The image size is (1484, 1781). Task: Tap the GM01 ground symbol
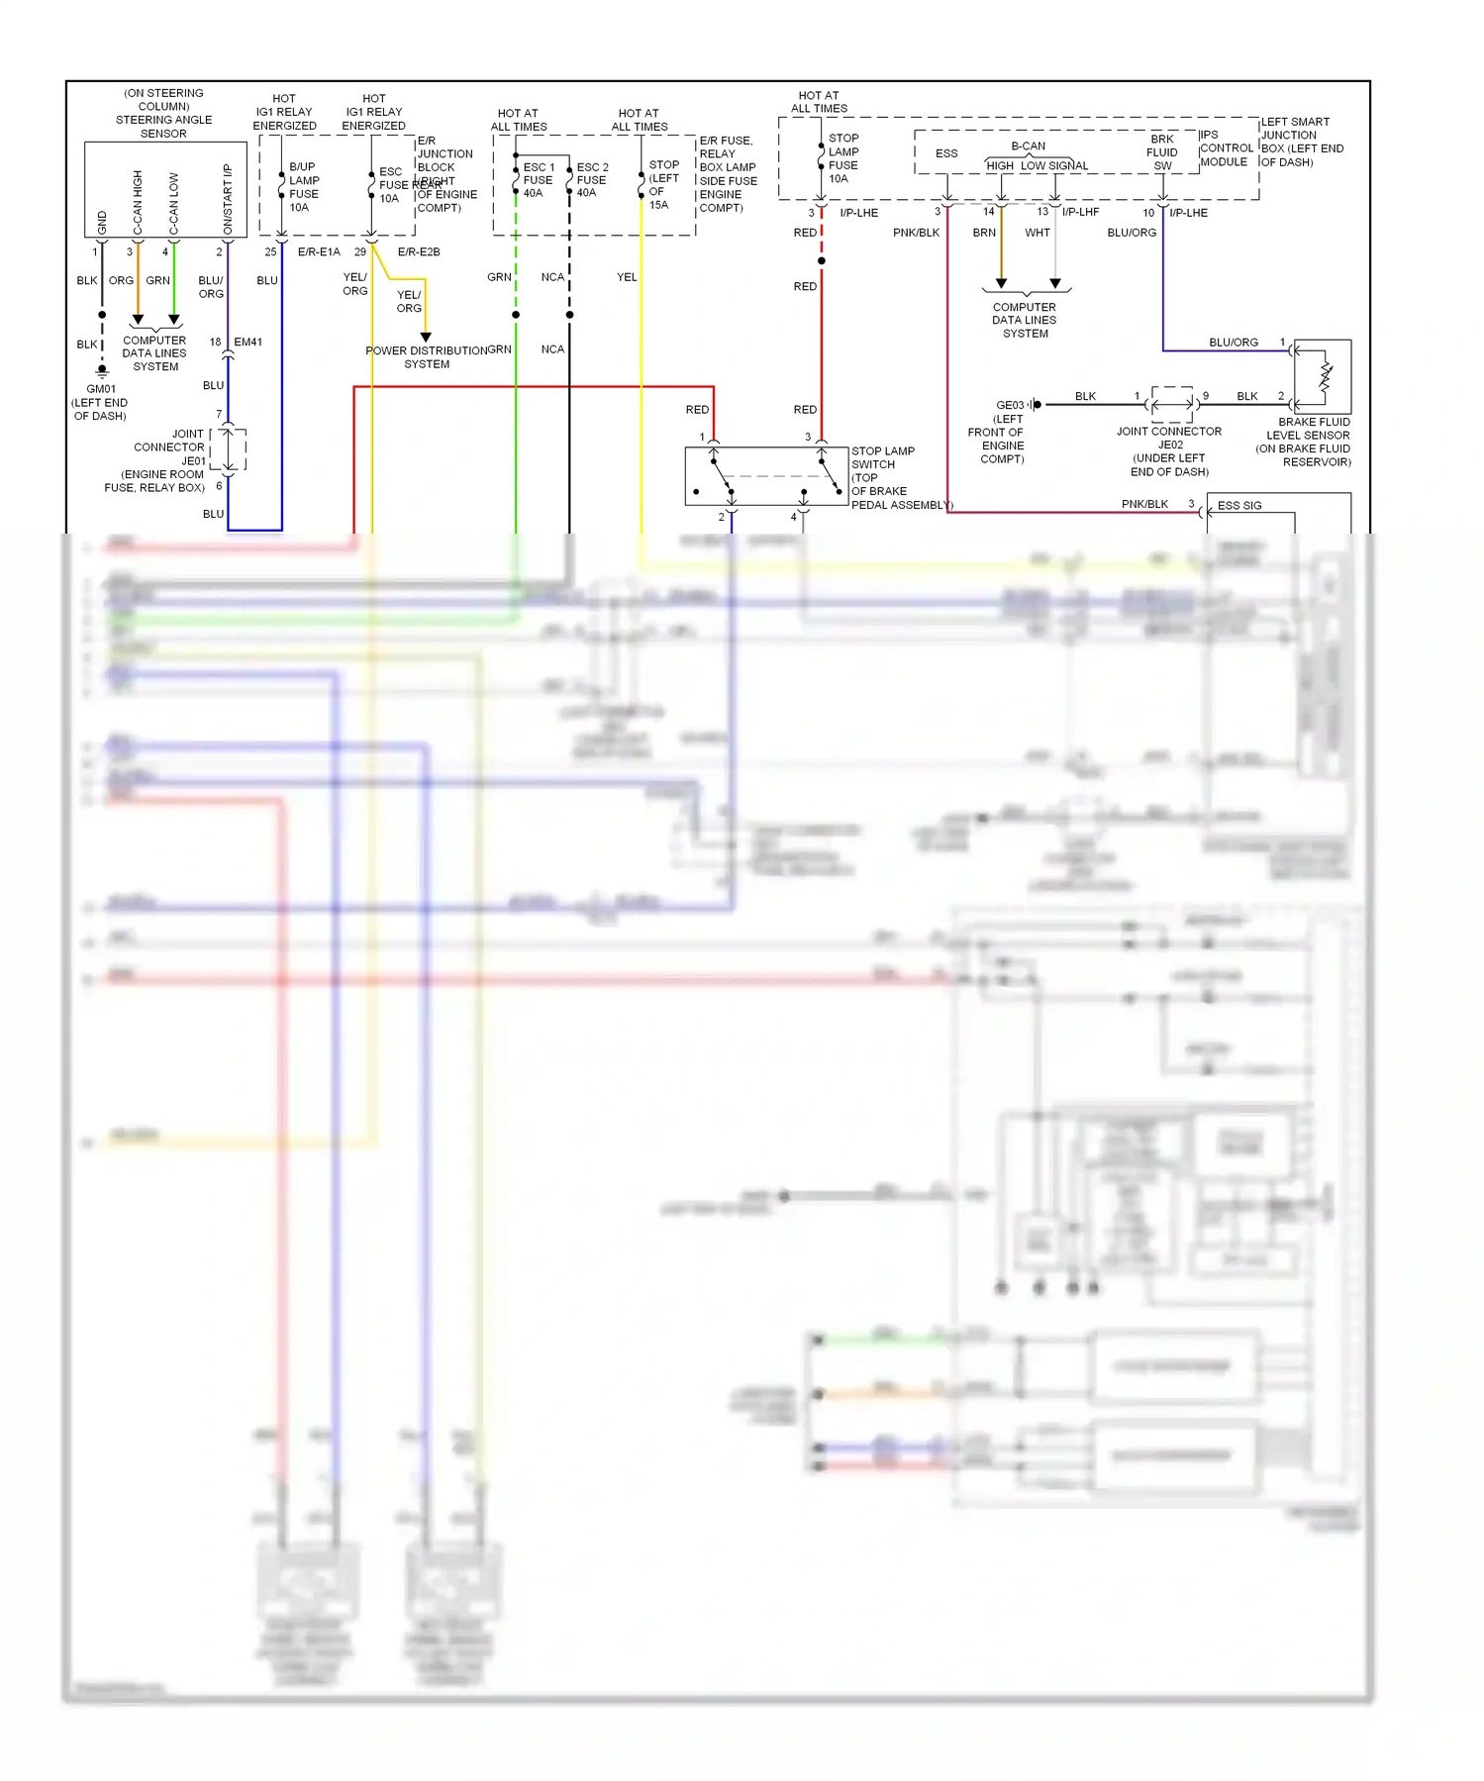click(102, 371)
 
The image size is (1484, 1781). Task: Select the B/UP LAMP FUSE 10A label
click(304, 187)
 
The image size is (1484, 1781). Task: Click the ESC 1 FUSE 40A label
click(538, 180)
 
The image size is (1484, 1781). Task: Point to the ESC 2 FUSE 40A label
click(592, 180)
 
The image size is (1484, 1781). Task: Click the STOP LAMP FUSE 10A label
click(842, 158)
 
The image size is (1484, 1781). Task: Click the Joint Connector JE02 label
click(1169, 451)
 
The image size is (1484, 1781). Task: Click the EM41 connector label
click(247, 343)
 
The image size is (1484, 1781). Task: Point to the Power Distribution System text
click(427, 357)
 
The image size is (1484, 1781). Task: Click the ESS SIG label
click(1239, 506)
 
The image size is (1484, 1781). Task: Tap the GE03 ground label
click(1009, 405)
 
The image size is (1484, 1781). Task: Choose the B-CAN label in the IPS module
click(1028, 146)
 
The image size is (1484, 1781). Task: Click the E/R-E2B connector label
click(419, 252)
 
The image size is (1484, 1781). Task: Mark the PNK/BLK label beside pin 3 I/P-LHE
click(916, 233)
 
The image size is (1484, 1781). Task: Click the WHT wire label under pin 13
click(1037, 233)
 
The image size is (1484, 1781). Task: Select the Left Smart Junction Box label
click(1302, 142)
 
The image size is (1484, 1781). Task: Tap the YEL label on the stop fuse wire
click(627, 277)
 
